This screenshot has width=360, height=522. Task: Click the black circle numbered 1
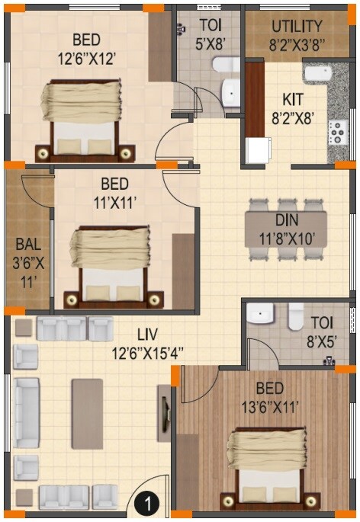147,503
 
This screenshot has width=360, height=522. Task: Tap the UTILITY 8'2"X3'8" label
297,35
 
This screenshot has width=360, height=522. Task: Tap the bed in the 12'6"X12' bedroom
81,118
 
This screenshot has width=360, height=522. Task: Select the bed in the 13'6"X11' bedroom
268,469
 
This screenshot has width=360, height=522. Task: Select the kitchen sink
317,74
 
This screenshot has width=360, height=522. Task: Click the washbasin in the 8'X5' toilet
260,314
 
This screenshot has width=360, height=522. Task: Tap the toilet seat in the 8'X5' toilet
296,316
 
